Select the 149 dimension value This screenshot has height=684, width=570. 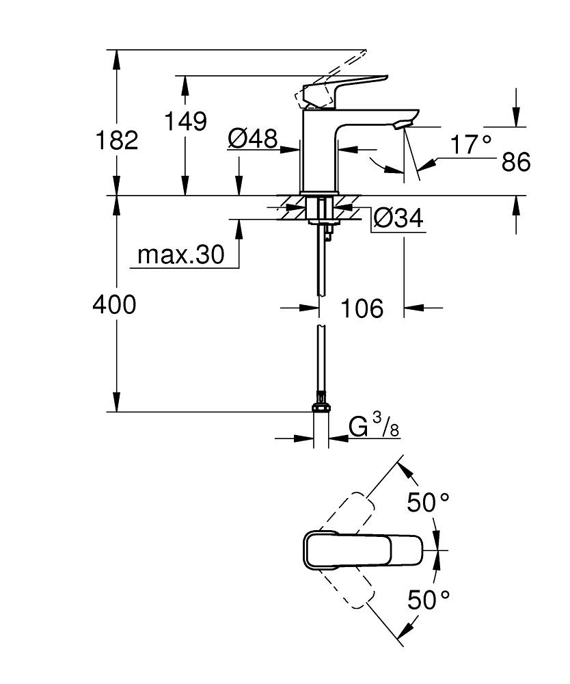[x=185, y=121]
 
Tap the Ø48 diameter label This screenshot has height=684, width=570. [x=253, y=140]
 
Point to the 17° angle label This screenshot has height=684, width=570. [x=470, y=144]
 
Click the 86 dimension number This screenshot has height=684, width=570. [x=515, y=163]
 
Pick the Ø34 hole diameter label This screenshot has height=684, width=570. [x=398, y=219]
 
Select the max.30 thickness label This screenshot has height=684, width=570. [x=180, y=255]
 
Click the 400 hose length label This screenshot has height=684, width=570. [x=114, y=305]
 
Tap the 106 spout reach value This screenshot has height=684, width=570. [x=362, y=308]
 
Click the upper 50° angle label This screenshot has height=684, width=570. [x=429, y=503]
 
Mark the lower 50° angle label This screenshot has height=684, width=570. [x=429, y=600]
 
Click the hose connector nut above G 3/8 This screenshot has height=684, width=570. [x=320, y=408]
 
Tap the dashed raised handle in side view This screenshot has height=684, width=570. [x=331, y=75]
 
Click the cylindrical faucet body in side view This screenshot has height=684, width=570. [x=319, y=154]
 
